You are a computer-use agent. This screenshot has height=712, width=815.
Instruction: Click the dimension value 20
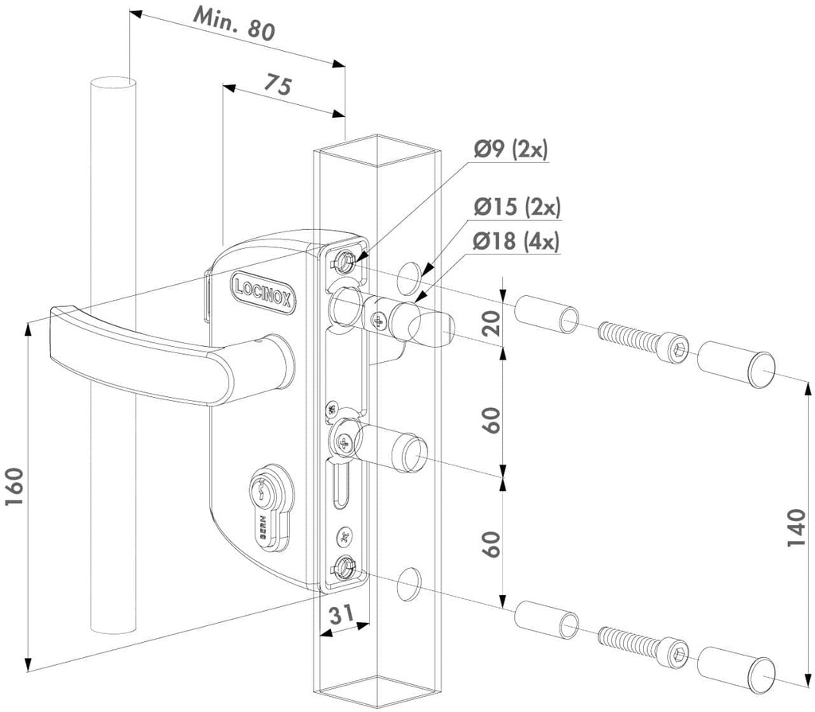(x=493, y=325)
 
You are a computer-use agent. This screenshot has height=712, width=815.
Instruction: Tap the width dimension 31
(x=341, y=614)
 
